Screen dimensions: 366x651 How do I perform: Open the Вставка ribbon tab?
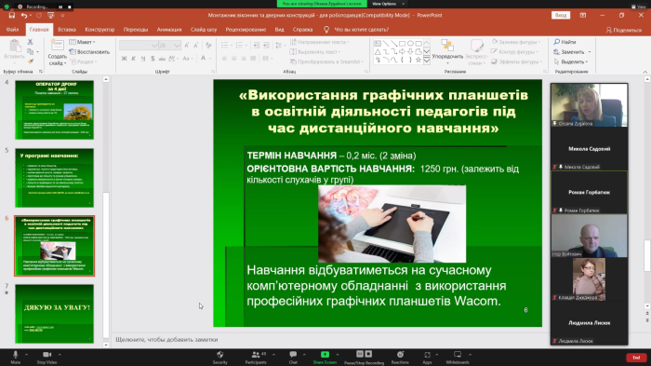pyautogui.click(x=67, y=30)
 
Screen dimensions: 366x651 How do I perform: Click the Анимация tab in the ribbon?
pyautogui.click(x=169, y=30)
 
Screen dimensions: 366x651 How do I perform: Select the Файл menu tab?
pyautogui.click(x=12, y=30)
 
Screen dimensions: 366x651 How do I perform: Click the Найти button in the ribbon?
pyautogui.click(x=567, y=42)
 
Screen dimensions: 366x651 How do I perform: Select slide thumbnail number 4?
pyautogui.click(x=54, y=110)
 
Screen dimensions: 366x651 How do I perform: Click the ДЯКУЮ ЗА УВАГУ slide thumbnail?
pyautogui.click(x=54, y=313)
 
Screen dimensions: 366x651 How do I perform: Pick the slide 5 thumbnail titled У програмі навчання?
pyautogui.click(x=54, y=178)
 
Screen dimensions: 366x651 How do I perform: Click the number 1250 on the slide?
pyautogui.click(x=431, y=169)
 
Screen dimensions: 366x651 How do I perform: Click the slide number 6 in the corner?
pyautogui.click(x=525, y=309)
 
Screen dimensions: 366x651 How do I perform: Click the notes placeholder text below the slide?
pyautogui.click(x=166, y=339)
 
